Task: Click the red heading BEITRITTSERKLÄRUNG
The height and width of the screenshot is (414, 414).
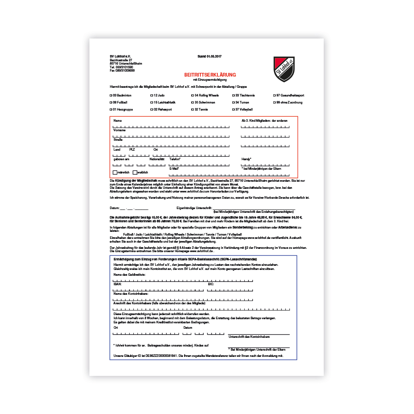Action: click(210, 75)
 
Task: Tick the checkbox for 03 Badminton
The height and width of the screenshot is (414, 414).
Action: click(111, 95)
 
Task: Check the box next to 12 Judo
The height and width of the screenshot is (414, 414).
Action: click(151, 95)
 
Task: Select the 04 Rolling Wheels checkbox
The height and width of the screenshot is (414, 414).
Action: click(192, 95)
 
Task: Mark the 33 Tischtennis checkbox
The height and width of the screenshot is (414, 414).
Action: click(233, 95)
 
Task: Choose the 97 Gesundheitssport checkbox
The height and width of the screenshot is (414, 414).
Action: click(274, 95)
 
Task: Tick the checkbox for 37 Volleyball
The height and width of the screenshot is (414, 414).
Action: click(233, 109)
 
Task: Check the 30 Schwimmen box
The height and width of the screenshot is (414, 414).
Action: click(192, 102)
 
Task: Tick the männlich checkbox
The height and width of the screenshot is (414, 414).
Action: click(115, 172)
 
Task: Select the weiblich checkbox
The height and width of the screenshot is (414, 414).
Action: click(135, 172)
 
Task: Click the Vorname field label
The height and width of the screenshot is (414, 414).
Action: click(119, 130)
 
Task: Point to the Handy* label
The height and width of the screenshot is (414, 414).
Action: click(246, 159)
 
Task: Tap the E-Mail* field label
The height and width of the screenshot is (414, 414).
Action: click(174, 168)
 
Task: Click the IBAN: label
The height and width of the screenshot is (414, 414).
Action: click(118, 284)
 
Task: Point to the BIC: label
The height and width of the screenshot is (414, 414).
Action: click(211, 284)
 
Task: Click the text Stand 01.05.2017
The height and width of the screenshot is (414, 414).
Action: click(210, 56)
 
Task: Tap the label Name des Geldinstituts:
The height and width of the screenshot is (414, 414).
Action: click(130, 274)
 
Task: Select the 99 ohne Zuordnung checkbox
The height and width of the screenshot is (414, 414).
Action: click(274, 102)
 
